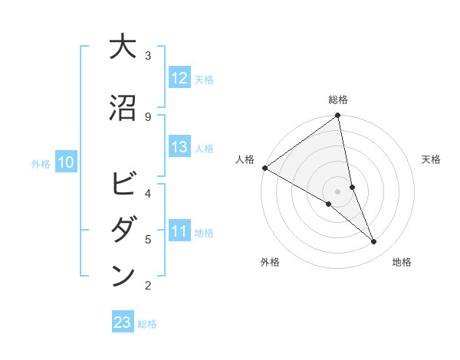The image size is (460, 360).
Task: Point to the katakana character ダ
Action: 123,231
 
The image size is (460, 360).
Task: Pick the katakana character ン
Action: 123,276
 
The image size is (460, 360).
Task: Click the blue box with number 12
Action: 179,77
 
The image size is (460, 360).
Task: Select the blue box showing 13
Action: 179,147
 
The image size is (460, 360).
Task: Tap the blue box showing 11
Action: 179,231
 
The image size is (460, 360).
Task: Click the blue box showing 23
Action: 123,322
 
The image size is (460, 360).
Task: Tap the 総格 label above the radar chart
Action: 338,100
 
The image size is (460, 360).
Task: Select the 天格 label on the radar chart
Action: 431,159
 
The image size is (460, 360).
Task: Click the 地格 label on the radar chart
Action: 402,262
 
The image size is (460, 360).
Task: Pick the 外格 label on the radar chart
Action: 270,262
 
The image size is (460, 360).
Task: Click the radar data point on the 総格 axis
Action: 338,116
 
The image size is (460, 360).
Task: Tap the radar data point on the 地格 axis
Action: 374,242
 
